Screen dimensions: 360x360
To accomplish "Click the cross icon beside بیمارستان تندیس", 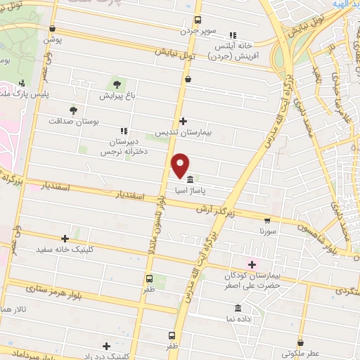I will point(184,121).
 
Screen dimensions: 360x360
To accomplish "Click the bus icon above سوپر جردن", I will point(198,20).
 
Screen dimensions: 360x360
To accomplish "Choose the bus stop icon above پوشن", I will point(53,28).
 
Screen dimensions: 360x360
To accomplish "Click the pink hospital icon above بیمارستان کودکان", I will point(252,264).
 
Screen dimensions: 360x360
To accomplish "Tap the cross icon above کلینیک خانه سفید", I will point(65,239).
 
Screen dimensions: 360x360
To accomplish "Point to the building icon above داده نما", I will point(238,308).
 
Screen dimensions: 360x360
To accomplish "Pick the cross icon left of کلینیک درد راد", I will point(106,346).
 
